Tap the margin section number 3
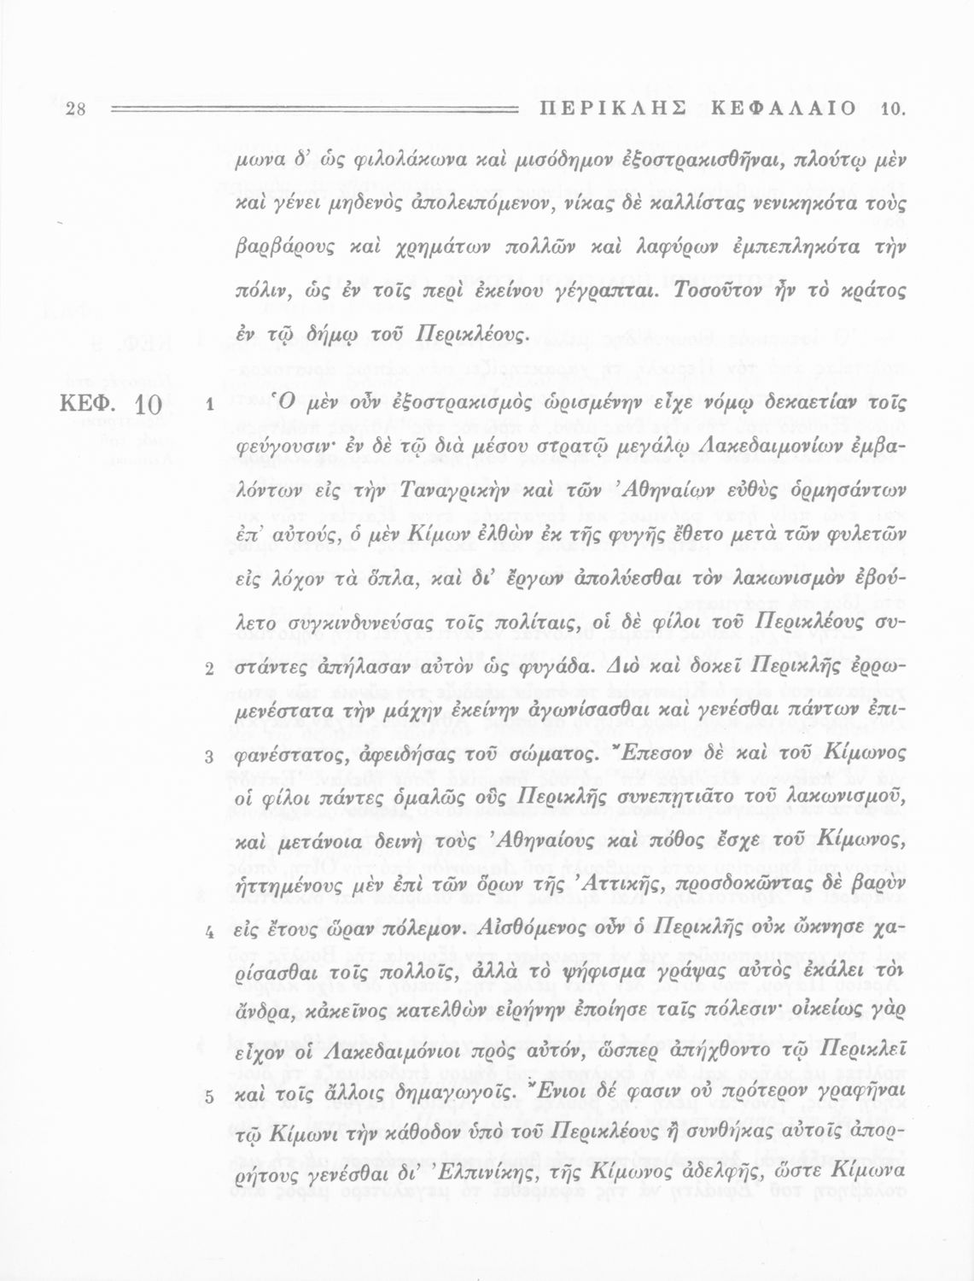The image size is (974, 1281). [208, 757]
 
